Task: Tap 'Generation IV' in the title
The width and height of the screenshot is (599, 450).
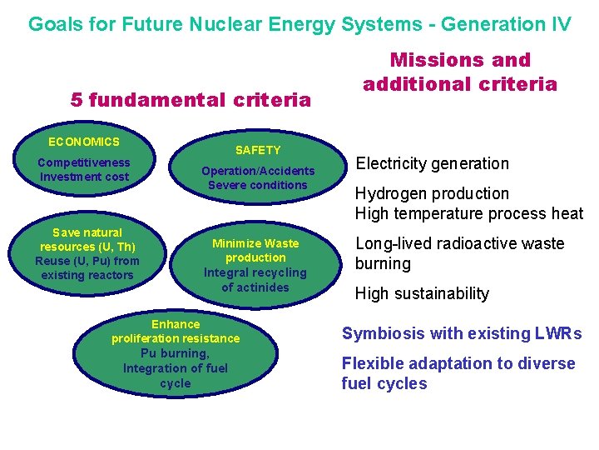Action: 506,23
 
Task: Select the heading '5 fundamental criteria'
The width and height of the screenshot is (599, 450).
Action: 191,100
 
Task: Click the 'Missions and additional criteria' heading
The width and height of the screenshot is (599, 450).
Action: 460,72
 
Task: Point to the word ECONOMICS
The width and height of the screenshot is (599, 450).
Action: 84,142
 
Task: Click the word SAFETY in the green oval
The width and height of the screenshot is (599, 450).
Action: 258,150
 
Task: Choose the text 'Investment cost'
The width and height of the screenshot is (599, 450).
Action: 84,177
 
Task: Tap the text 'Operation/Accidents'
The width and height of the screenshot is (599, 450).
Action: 258,171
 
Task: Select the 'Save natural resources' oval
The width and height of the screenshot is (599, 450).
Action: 87,253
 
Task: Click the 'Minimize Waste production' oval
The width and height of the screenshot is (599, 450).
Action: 255,265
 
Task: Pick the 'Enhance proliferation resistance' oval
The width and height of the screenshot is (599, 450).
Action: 176,353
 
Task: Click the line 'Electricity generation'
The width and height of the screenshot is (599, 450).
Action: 433,163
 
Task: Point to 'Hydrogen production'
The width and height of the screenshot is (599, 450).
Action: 432,193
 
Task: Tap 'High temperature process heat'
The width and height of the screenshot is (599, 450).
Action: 469,213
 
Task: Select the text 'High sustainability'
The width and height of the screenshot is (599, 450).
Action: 422,293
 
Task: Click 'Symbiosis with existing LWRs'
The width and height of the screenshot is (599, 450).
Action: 462,333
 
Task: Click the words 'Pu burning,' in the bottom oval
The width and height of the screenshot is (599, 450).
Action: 176,354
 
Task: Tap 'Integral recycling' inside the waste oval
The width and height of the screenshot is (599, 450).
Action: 255,272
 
